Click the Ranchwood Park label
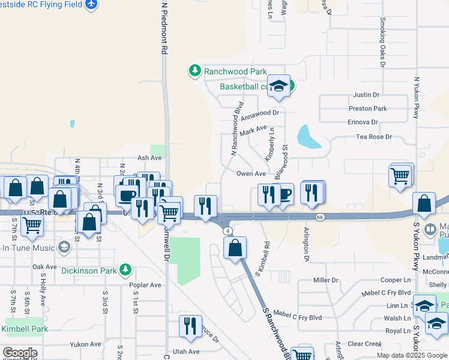(x=235, y=71)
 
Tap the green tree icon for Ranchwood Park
(x=195, y=71)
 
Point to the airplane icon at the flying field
(x=91, y=5)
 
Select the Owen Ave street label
(x=251, y=173)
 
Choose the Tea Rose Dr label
(x=373, y=137)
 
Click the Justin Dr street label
(x=366, y=95)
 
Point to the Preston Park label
(x=368, y=109)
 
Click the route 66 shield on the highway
(x=322, y=218)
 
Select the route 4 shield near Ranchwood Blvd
(x=227, y=230)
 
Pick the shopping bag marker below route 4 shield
(x=235, y=247)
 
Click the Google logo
(x=19, y=353)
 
